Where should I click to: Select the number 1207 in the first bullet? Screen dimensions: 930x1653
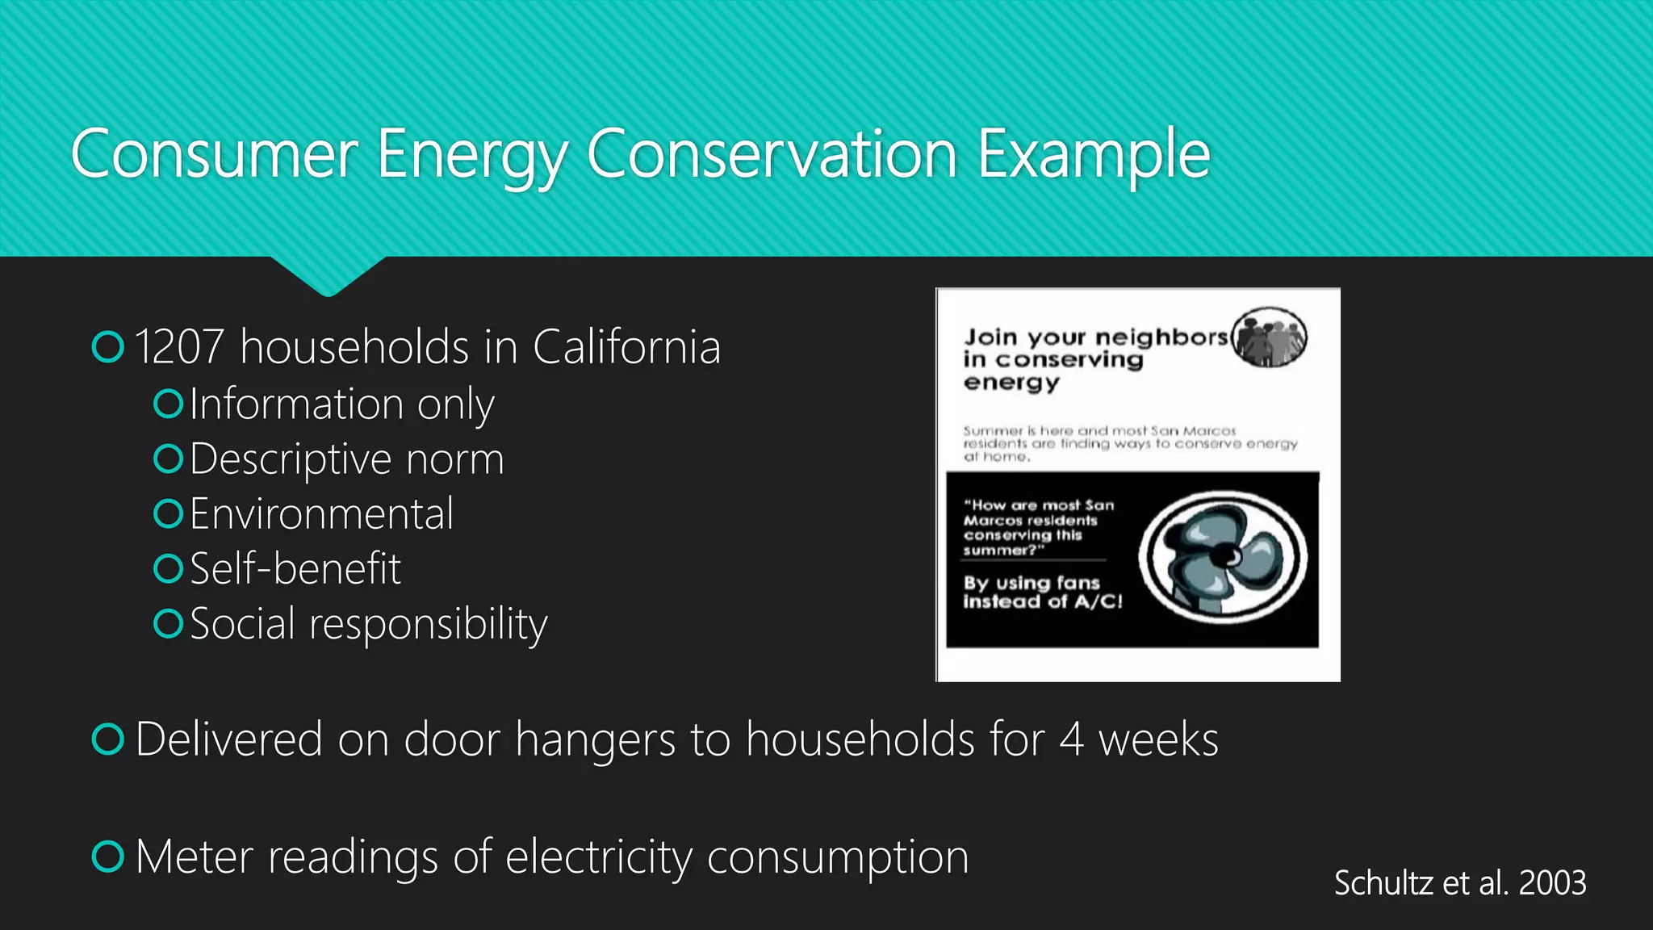[179, 347]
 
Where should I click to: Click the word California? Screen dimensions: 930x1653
[626, 347]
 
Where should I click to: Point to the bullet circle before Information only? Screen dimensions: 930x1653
[168, 404]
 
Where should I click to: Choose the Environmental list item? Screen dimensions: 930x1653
[321, 514]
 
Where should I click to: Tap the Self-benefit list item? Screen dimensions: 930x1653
[295, 569]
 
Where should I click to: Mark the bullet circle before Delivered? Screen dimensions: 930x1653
[108, 739]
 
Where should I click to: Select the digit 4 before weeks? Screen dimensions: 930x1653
[1071, 739]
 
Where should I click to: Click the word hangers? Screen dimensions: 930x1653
[596, 740]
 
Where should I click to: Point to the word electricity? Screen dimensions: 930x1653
[599, 857]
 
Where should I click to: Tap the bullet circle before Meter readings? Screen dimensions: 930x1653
[108, 857]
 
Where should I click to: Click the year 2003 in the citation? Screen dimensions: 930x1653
[1552, 883]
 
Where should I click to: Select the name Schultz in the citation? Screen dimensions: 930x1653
[1384, 883]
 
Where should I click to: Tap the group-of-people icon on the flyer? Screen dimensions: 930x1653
[1270, 337]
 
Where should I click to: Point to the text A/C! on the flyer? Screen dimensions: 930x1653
[1098, 601]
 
